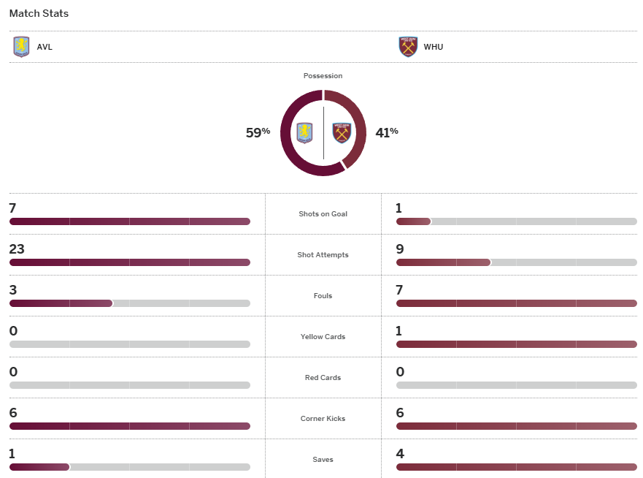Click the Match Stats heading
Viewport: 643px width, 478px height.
pyautogui.click(x=39, y=13)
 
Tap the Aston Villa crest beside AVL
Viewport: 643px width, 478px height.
pyautogui.click(x=21, y=47)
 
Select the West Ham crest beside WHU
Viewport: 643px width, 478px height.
pyautogui.click(x=408, y=47)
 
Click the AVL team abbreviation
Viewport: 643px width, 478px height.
pyautogui.click(x=45, y=47)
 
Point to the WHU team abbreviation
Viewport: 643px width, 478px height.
pyautogui.click(x=433, y=47)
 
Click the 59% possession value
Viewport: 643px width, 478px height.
pyautogui.click(x=258, y=132)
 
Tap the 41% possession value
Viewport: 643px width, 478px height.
pyautogui.click(x=387, y=132)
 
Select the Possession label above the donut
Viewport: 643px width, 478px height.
pyautogui.click(x=323, y=76)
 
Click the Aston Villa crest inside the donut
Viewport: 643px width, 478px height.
pyautogui.click(x=304, y=133)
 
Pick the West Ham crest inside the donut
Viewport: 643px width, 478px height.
pyautogui.click(x=342, y=133)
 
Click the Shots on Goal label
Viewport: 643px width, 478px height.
pyautogui.click(x=323, y=214)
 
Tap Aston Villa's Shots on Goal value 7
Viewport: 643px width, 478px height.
pyautogui.click(x=12, y=208)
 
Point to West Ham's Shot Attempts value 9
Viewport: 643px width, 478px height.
pyautogui.click(x=399, y=249)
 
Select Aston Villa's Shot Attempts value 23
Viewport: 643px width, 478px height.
pyautogui.click(x=16, y=249)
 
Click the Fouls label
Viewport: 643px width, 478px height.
pyautogui.click(x=323, y=296)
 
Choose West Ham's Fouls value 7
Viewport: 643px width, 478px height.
pyautogui.click(x=399, y=290)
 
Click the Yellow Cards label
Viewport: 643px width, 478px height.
pyautogui.click(x=323, y=337)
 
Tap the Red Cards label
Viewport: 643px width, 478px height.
pyautogui.click(x=323, y=378)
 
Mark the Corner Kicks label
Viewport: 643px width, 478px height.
pyautogui.click(x=323, y=419)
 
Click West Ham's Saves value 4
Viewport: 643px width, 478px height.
pyautogui.click(x=399, y=454)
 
